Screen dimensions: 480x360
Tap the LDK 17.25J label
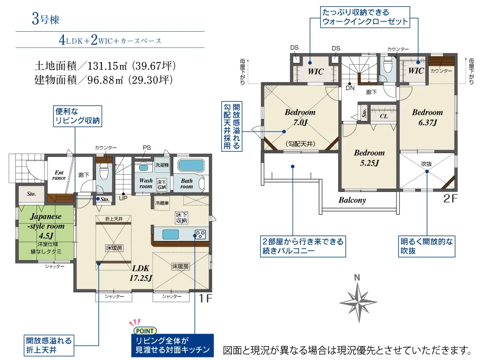(141, 273)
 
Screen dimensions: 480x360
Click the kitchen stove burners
(200, 235)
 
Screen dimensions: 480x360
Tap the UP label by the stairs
(123, 198)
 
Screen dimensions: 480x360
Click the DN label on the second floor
(350, 88)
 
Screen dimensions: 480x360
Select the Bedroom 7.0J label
(300, 117)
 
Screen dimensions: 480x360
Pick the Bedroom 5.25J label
(369, 157)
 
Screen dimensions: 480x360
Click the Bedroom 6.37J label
(427, 117)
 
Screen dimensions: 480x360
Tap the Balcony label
(352, 200)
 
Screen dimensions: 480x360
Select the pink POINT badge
(145, 331)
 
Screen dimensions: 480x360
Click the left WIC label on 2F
(316, 72)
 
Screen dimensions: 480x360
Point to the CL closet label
(384, 116)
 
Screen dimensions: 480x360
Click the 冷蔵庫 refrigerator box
(162, 203)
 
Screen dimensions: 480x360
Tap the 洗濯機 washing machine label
(162, 165)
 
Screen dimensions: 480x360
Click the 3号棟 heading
(45, 19)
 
